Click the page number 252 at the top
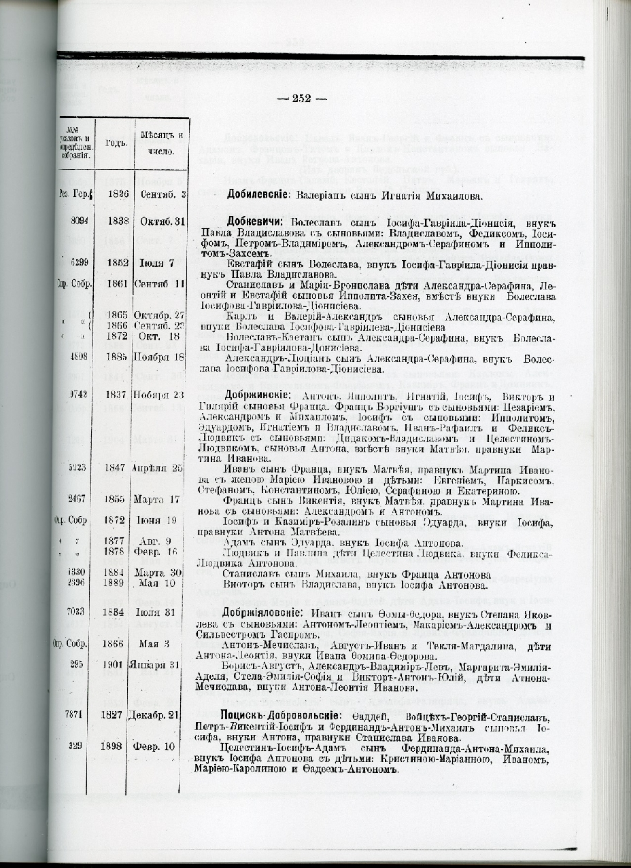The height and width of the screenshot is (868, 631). point(301,98)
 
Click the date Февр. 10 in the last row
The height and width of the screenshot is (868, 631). point(158,746)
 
